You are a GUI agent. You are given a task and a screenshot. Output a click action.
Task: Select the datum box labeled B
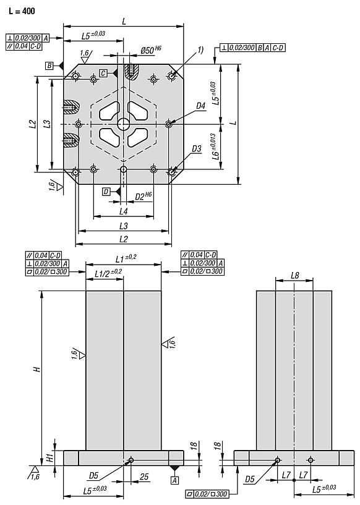pos(49,65)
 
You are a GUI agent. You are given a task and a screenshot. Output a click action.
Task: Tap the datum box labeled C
pos(103,73)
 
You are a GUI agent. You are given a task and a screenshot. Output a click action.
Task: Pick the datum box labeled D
pos(107,192)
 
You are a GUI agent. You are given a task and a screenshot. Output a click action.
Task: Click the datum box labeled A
pos(174,479)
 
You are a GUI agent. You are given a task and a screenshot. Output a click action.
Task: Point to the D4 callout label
pos(200,106)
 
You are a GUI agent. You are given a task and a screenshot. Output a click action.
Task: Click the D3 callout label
pos(197,149)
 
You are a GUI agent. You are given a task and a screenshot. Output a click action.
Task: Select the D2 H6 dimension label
pos(144,197)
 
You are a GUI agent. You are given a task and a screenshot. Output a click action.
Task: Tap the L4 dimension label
pos(123,211)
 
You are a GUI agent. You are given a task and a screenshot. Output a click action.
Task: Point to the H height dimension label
pos(36,369)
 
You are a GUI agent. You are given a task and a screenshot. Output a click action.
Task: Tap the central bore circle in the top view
pos(124,124)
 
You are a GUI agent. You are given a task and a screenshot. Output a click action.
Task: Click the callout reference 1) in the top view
pos(200,51)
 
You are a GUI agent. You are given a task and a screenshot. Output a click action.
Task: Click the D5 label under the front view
pos(94,475)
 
